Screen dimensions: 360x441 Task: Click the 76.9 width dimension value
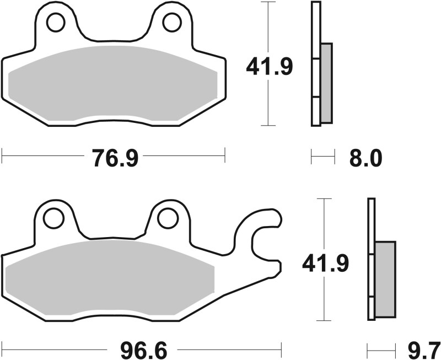click(x=114, y=158)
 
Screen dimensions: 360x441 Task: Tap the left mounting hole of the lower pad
click(x=53, y=218)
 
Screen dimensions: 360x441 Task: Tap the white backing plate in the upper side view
click(x=316, y=63)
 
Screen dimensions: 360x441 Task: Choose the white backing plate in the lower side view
click(x=371, y=259)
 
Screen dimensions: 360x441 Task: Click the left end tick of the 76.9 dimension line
click(x=2, y=155)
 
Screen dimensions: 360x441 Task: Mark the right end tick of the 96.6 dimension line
click(x=281, y=349)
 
